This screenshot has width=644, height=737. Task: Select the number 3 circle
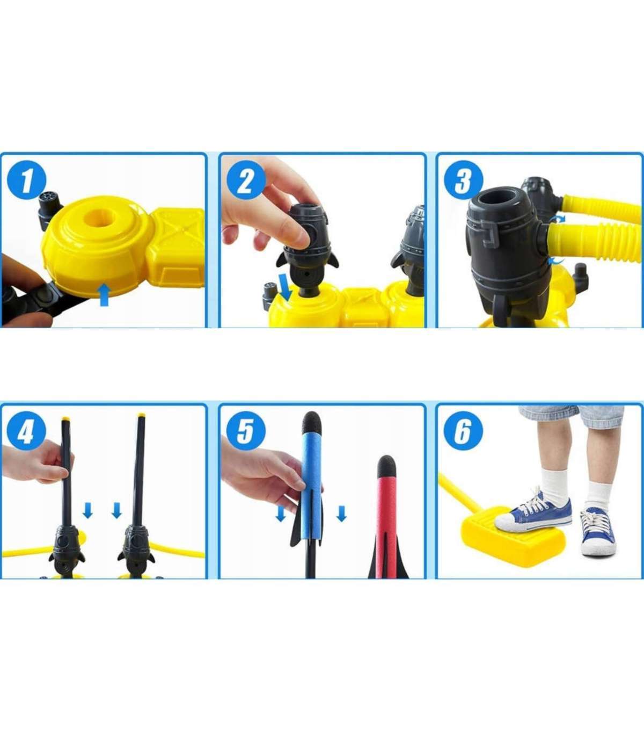pyautogui.click(x=463, y=180)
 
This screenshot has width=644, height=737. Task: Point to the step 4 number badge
pyautogui.click(x=27, y=431)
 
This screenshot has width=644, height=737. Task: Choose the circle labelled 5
pyautogui.click(x=246, y=431)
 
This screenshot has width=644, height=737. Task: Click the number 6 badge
pyautogui.click(x=463, y=431)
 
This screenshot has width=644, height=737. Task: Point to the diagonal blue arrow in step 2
pyautogui.click(x=286, y=286)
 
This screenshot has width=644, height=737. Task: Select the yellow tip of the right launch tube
pyautogui.click(x=141, y=416)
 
